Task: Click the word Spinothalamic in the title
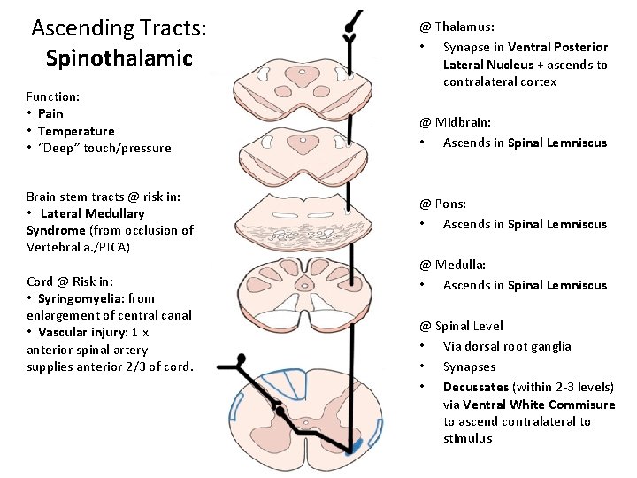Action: [x=119, y=58]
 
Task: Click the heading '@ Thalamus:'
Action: [x=457, y=27]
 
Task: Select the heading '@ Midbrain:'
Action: [x=455, y=122]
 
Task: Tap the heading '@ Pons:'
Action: [x=442, y=204]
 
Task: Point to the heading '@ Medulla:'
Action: [x=452, y=265]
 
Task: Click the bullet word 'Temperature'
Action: [x=76, y=131]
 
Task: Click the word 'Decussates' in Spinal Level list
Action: [x=475, y=387]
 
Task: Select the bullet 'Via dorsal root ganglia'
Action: [x=507, y=346]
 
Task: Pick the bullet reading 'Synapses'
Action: [x=469, y=366]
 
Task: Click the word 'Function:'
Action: [x=53, y=96]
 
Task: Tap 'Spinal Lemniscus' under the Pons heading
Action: [x=557, y=224]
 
